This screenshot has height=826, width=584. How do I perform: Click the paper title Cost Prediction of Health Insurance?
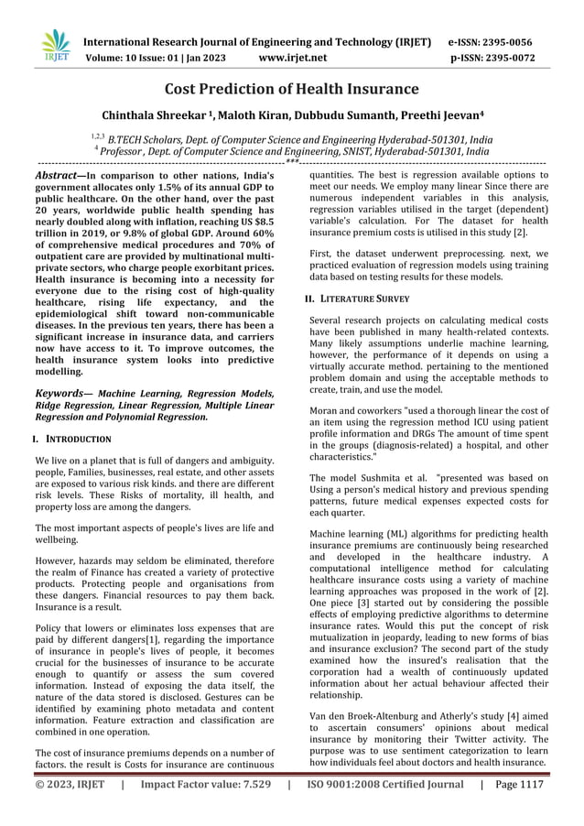tap(291, 89)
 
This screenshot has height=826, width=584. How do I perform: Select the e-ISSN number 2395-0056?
tap(506, 42)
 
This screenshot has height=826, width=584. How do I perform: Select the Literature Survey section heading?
tap(363, 299)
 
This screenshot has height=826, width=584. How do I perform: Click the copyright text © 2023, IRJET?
tap(69, 810)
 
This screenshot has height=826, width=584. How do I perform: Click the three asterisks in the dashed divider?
tap(291, 160)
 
